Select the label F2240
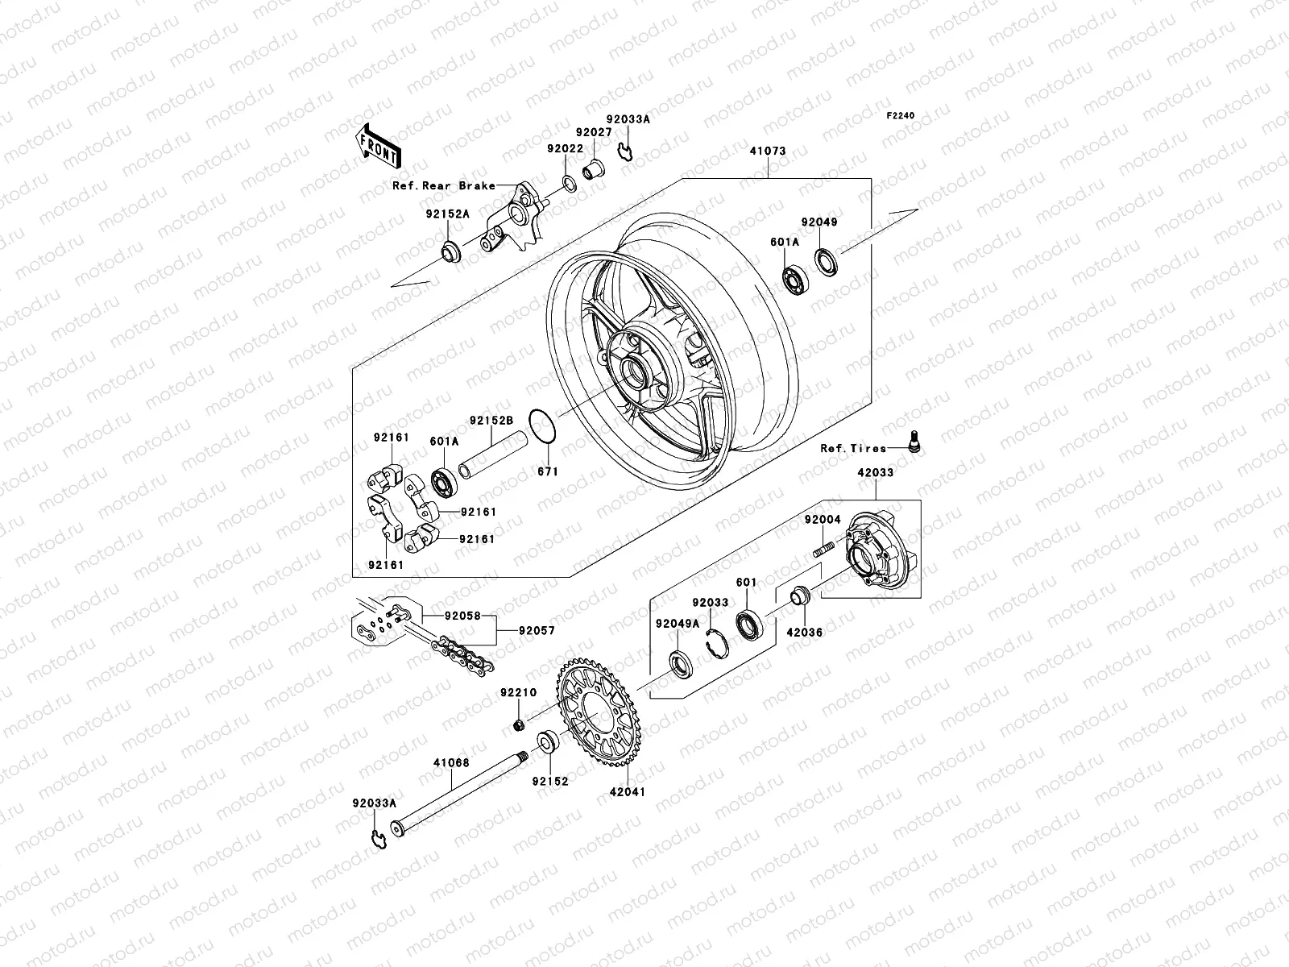coord(901,116)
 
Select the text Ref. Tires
coord(852,448)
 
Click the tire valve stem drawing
coord(913,442)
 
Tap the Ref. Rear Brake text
coord(443,185)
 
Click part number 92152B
coord(491,420)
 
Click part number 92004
coord(822,520)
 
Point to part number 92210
coord(516,692)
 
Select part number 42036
coord(804,633)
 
